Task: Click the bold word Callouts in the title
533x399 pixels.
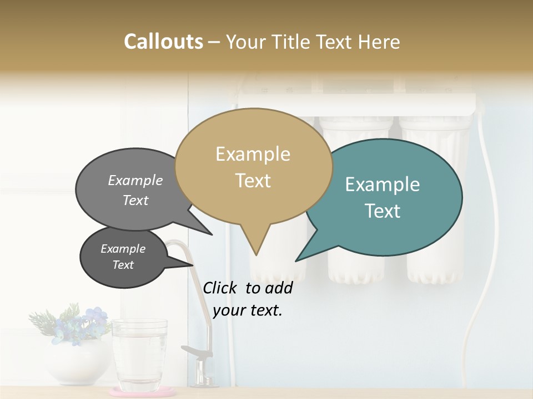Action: (x=163, y=42)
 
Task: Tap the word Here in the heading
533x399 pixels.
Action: (x=379, y=42)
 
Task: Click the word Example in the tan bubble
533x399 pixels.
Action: (x=253, y=154)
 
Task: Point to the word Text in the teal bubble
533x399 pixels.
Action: (x=383, y=211)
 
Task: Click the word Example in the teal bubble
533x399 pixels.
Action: (x=383, y=185)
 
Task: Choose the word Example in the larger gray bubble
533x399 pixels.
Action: (x=135, y=181)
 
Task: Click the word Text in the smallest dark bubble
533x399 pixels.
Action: (x=123, y=265)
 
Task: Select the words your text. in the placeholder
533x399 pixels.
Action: (x=248, y=310)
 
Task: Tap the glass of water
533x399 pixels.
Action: (x=139, y=355)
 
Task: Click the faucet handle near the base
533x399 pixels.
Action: (x=194, y=351)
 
